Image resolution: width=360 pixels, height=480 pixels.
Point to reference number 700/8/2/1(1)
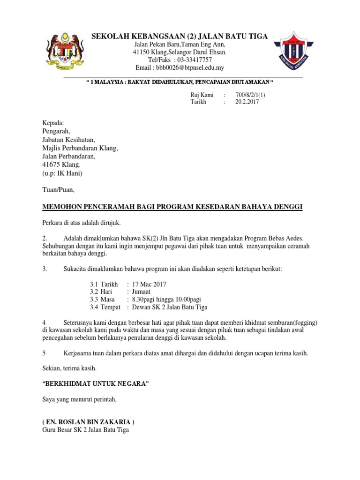[253, 95]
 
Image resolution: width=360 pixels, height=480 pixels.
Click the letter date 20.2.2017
[247, 102]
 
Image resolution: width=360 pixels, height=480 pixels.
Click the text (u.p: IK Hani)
[62, 173]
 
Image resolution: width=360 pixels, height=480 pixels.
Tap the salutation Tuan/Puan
[58, 190]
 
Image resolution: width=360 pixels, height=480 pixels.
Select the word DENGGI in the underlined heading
[285, 207]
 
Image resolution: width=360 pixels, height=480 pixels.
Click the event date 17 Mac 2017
[149, 285]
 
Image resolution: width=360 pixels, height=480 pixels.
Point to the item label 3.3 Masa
[103, 300]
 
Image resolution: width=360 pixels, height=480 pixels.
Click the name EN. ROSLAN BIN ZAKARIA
[88, 422]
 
